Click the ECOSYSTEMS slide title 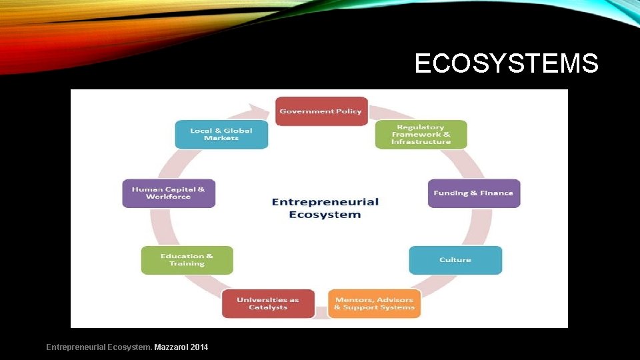[x=506, y=64]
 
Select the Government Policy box [x=321, y=111]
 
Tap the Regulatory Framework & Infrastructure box [x=421, y=135]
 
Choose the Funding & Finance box [x=473, y=193]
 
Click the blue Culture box [x=455, y=260]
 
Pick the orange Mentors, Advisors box [x=374, y=303]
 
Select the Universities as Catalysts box [x=268, y=303]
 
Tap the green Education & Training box [x=187, y=260]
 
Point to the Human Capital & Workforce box [x=169, y=193]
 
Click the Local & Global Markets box [x=221, y=134]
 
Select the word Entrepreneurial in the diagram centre [x=325, y=202]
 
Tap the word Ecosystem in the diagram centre [x=325, y=215]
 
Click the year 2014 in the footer [x=199, y=347]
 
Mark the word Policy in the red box [x=349, y=111]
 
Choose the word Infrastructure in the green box [x=421, y=142]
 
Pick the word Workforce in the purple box [x=169, y=197]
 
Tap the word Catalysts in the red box [x=268, y=307]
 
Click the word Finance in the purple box [x=497, y=193]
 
